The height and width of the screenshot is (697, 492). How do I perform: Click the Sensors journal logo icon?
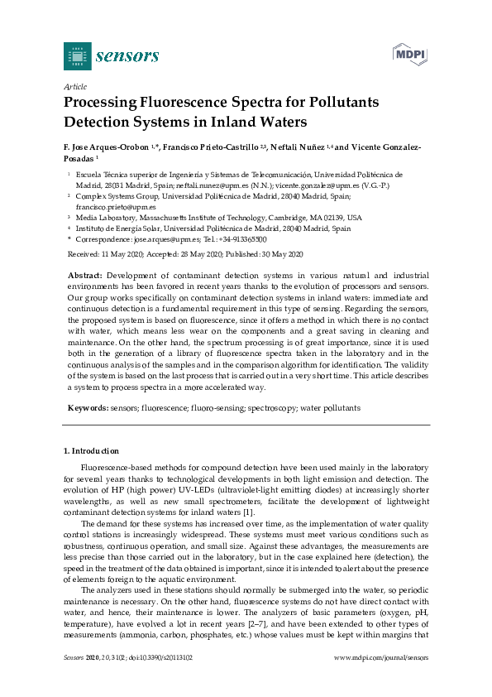pyautogui.click(x=77, y=56)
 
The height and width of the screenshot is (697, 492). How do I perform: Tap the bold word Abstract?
pyautogui.click(x=85, y=274)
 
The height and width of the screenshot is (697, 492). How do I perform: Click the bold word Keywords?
pyautogui.click(x=87, y=408)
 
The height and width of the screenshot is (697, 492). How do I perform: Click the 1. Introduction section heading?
pyautogui.click(x=92, y=451)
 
